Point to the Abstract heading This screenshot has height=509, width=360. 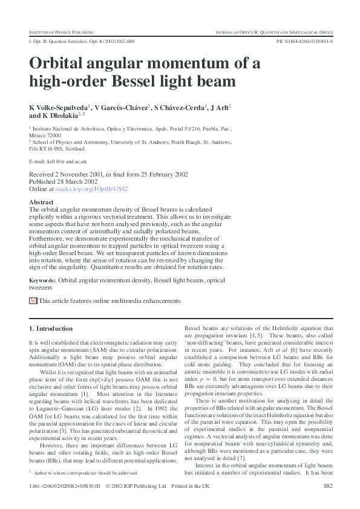click(41, 202)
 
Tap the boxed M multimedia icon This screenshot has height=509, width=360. click(33, 300)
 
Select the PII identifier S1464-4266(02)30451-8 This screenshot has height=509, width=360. click(304, 41)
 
